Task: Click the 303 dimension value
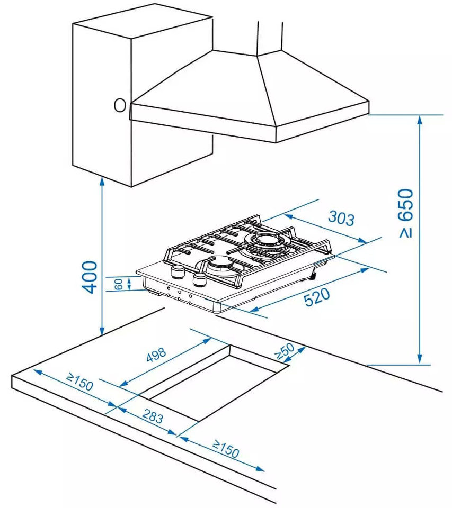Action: (341, 217)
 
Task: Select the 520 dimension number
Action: (316, 297)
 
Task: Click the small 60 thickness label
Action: (119, 284)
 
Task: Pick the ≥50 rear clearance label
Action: (283, 350)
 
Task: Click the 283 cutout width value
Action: (153, 418)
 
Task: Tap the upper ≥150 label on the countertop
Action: (80, 382)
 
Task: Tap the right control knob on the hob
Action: (200, 279)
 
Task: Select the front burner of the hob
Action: (217, 264)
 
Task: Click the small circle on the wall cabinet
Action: (120, 105)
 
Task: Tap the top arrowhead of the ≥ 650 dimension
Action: (420, 119)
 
